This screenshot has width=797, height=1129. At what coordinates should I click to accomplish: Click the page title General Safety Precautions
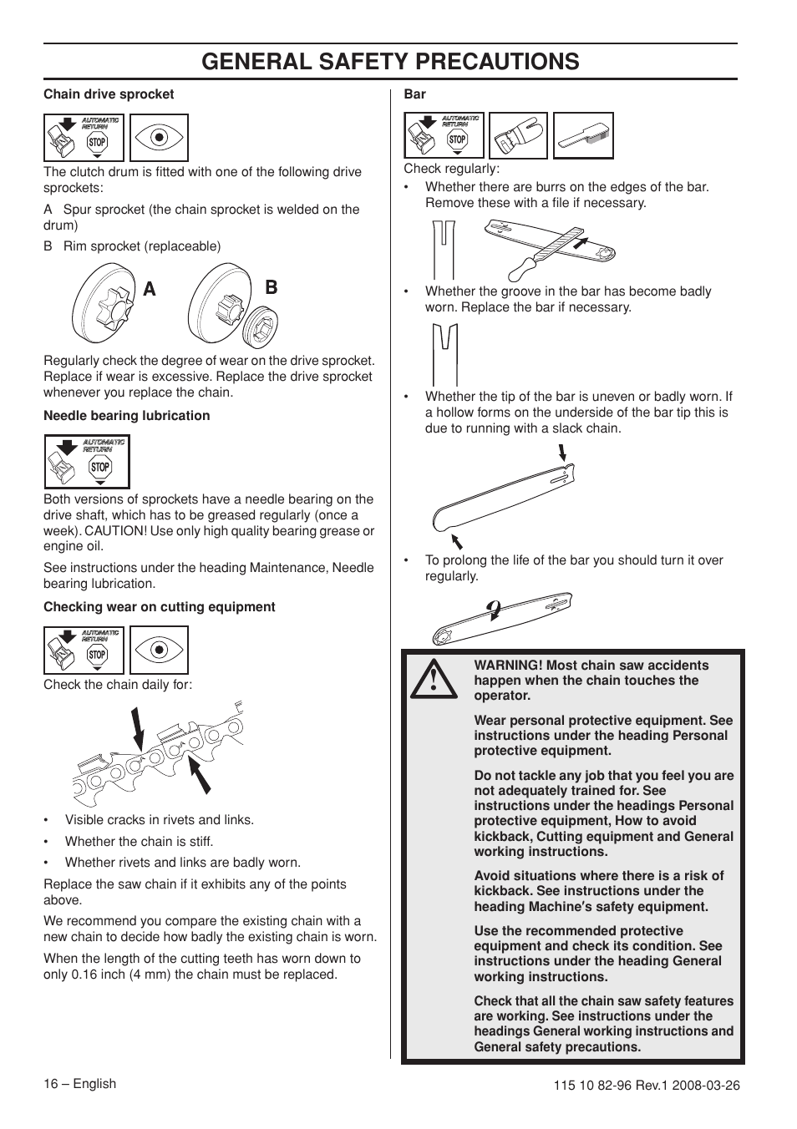tap(390, 62)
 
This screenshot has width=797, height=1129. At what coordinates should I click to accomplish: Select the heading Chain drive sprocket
tap(109, 94)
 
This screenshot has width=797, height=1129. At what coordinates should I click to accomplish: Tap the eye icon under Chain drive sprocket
tap(158, 138)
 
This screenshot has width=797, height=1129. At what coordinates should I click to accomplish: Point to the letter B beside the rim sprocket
tap(271, 287)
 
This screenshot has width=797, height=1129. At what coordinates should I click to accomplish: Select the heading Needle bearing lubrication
tap(126, 416)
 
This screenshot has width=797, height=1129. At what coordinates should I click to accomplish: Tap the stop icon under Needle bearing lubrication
tap(100, 468)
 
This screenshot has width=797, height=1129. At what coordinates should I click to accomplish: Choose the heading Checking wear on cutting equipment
tap(159, 607)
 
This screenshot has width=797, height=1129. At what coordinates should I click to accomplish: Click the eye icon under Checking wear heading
tap(158, 651)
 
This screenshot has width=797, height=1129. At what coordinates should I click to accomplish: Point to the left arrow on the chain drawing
tap(138, 727)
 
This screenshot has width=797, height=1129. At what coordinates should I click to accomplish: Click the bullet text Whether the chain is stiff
tap(139, 842)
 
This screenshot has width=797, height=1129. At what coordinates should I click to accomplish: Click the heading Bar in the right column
tap(414, 94)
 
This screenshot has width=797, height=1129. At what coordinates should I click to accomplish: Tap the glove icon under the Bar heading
tap(518, 135)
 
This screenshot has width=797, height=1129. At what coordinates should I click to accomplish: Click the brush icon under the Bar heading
tap(584, 135)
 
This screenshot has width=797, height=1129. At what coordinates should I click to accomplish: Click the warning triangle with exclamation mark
tap(434, 679)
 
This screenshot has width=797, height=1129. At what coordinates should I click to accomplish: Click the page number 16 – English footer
tap(79, 1084)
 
